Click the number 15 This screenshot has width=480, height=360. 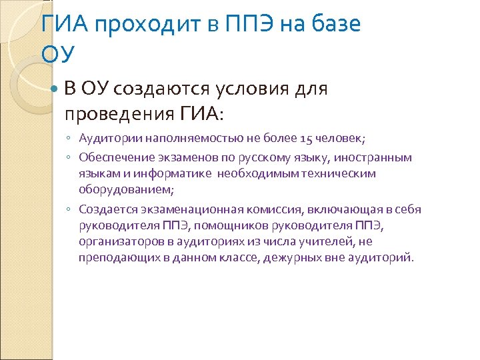(x=307, y=139)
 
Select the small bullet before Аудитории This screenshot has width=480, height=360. (x=69, y=139)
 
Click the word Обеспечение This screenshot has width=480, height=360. (x=111, y=157)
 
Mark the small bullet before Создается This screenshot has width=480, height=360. (x=69, y=209)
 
